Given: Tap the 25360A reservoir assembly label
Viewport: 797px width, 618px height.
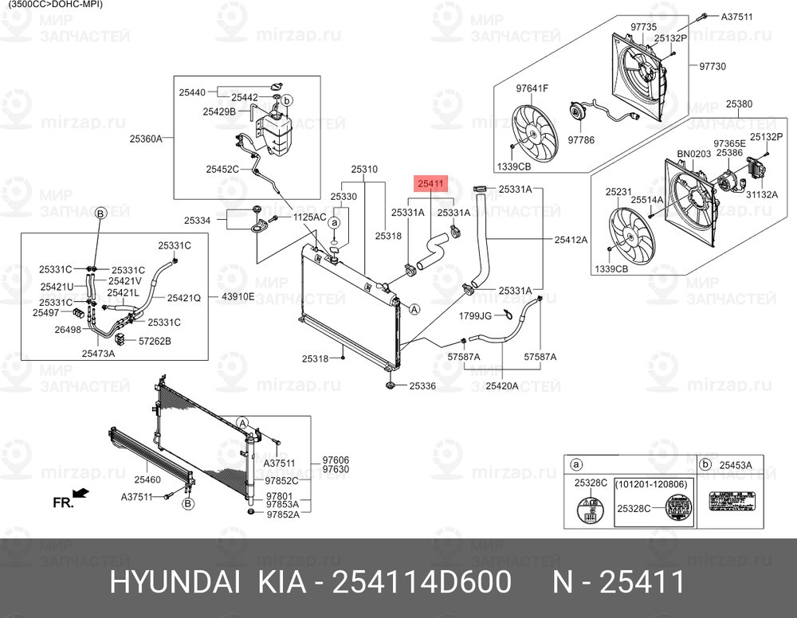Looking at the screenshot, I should (146, 139).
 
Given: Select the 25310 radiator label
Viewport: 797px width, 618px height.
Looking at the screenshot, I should (363, 170).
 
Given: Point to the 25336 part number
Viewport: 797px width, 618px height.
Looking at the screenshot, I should (422, 386).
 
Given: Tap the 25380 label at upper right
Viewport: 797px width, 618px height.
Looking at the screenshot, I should (739, 104).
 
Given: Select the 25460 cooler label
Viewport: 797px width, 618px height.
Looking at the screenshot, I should (147, 479).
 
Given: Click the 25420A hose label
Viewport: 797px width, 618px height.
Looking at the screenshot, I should (502, 386).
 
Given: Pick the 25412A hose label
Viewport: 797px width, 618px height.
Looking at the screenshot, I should (571, 240).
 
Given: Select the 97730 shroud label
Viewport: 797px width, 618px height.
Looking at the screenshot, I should (713, 67).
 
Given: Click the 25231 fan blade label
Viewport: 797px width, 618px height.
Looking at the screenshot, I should (618, 192).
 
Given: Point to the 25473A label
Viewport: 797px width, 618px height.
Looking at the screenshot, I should (98, 352).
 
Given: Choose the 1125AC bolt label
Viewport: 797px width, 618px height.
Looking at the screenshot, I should (310, 217).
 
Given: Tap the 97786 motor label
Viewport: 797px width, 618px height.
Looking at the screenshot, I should (581, 140).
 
